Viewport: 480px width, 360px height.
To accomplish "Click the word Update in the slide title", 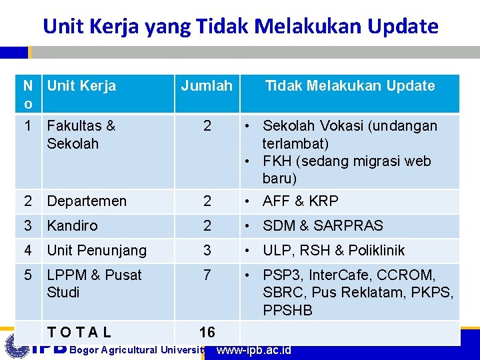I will pos(400,27).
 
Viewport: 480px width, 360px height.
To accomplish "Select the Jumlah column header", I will pos(207,85).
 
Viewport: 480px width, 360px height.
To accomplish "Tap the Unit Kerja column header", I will pos(81,85).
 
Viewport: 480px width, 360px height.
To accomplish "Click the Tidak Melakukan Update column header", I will pos(349,85).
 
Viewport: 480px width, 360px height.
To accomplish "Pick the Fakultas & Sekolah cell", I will pos(81,135).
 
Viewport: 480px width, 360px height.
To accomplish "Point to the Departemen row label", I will pos(87,201).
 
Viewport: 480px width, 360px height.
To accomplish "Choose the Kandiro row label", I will pos(72,226).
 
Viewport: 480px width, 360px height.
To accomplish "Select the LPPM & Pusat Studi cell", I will pos(94,283).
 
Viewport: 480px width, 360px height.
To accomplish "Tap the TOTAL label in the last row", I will pos(79,332).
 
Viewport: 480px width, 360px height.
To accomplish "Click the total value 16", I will pos(207,332).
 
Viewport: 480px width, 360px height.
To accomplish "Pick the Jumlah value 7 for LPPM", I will pos(207,275).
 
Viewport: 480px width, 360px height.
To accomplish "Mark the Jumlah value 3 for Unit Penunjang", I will pos(207,251).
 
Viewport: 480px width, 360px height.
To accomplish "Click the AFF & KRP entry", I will pos(301,201).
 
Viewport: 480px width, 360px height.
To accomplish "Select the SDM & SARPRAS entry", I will pos(323,226).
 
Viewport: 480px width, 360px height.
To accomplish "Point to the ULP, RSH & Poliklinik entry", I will pos(343,251).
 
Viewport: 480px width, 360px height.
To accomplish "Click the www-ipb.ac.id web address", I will pos(254,350).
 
